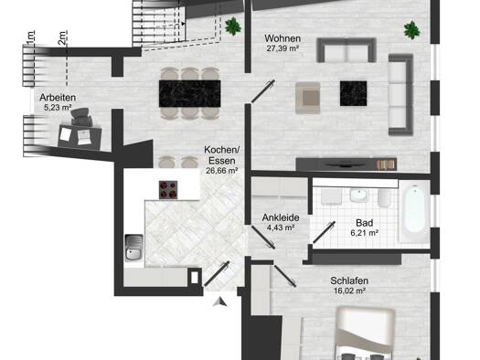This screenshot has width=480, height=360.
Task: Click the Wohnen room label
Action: pos(283,38)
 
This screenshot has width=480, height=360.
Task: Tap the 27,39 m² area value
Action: pos(283,48)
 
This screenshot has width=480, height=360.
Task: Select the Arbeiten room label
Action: pos(58,98)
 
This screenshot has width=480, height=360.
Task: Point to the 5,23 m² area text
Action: pos(58,107)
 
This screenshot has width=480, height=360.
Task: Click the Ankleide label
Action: pos(281,217)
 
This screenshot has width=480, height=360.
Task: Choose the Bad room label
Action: pos(364,223)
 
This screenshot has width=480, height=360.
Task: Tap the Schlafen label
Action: pos(349,281)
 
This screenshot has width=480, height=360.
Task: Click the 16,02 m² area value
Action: pos(349,291)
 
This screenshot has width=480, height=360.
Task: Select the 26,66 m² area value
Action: pos(221,171)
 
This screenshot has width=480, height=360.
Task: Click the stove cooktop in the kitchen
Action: pos(168,190)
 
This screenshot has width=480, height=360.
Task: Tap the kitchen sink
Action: pos(133,248)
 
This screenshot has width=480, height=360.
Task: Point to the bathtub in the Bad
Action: pos(413,211)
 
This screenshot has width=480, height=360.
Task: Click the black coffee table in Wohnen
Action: pos(353,93)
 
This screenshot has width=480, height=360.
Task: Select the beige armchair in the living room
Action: pos(308,98)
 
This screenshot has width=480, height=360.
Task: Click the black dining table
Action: pos(190,93)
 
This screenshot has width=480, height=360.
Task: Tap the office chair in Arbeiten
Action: pos(81,117)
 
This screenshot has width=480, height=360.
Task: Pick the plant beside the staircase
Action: pos(233,26)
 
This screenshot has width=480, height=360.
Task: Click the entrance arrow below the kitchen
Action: pos(220,302)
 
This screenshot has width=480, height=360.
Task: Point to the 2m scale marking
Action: pos(63,38)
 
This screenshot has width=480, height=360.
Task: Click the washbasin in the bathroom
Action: pos(359,196)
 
